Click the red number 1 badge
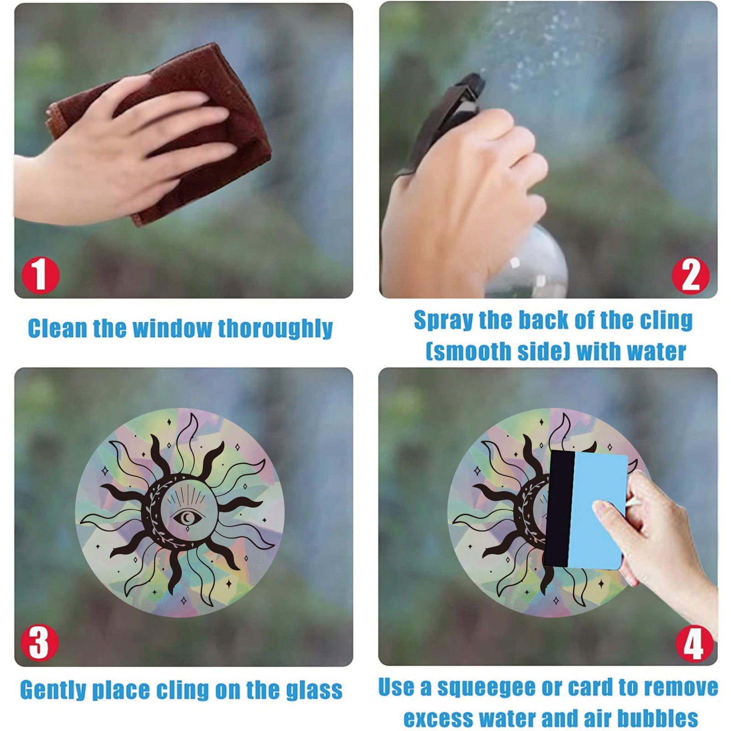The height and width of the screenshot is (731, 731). (41, 275)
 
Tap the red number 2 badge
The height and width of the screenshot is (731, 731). (690, 275)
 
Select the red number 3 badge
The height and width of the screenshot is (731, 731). (39, 642)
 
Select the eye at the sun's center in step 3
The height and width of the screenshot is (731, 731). (186, 518)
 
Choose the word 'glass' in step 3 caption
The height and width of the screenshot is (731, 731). (314, 690)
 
